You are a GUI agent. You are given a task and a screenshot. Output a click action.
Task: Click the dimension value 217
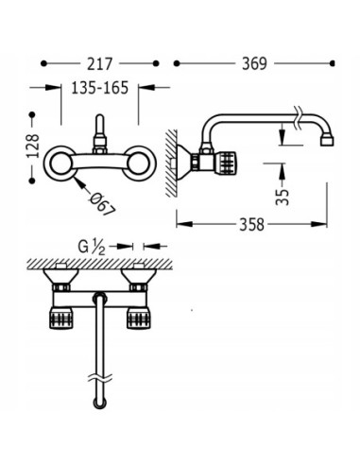[99, 64]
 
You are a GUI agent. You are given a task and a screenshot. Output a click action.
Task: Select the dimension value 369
[254, 64]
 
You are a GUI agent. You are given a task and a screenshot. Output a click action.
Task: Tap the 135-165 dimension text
[100, 88]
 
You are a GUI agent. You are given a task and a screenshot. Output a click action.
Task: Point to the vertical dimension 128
[33, 146]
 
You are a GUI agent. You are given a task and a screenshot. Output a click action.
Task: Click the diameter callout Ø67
[102, 204]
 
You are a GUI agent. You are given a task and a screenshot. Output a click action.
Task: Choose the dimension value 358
[252, 225]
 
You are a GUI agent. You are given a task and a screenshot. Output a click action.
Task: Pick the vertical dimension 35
[283, 198]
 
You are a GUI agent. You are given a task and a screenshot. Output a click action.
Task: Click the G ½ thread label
[92, 247]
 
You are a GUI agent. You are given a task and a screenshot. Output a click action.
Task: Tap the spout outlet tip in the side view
[327, 141]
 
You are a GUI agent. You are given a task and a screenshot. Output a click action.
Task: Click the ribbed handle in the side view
[227, 162]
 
